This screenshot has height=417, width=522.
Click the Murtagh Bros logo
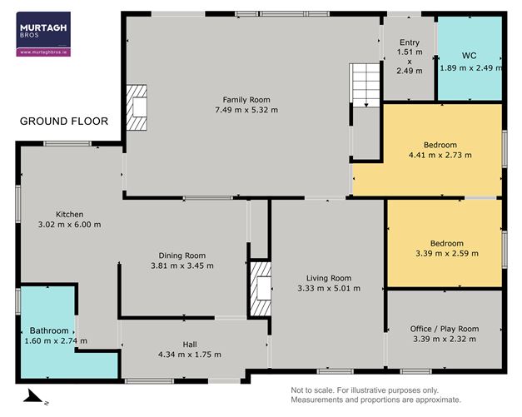click(x=43, y=34)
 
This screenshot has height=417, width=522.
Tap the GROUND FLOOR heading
click(x=64, y=122)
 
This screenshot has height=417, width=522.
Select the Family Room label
click(x=246, y=100)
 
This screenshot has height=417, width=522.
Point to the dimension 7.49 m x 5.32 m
click(x=246, y=110)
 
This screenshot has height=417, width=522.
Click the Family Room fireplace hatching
click(x=137, y=107)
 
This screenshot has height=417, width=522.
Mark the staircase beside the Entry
click(x=365, y=85)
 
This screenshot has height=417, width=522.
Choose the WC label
click(x=469, y=56)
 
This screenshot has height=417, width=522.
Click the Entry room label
click(x=410, y=42)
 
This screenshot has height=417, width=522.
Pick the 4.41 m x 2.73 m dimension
click(x=440, y=155)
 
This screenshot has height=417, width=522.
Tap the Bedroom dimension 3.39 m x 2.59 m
click(x=447, y=253)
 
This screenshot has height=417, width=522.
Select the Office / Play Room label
click(x=445, y=329)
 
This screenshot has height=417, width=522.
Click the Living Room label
click(x=329, y=278)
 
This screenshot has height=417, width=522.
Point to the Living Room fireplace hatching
click(x=261, y=289)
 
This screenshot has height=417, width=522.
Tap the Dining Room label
click(x=182, y=256)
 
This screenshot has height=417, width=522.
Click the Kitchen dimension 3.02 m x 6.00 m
click(x=70, y=224)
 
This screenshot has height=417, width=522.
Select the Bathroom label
click(x=49, y=330)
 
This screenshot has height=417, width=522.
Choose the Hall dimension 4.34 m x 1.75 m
click(x=190, y=355)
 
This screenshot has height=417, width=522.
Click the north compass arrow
click(x=34, y=396)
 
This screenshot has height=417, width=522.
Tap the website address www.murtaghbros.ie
click(x=43, y=52)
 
